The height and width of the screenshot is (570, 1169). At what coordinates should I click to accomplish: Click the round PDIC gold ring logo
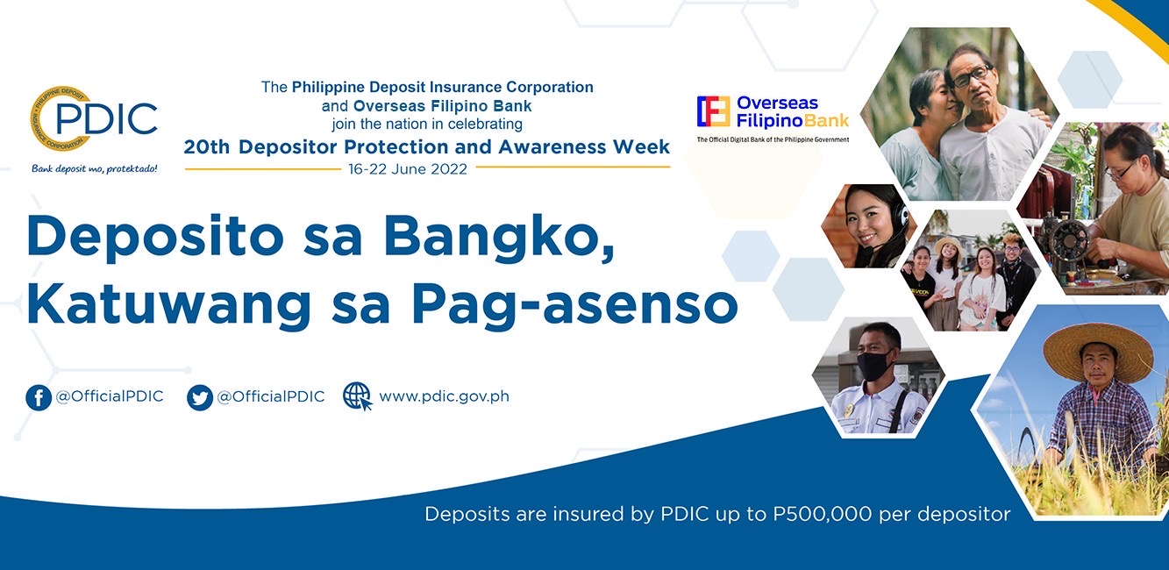[x=61, y=119]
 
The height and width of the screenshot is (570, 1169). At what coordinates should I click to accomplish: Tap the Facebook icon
[x=39, y=397]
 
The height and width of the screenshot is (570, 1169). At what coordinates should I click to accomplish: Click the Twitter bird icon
[x=200, y=397]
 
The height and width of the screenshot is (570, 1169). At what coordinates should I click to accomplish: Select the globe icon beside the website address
[x=357, y=396]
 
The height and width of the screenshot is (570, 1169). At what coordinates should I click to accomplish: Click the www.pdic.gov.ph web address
[x=444, y=396]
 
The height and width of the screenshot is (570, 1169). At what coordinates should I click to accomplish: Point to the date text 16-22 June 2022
[x=408, y=169]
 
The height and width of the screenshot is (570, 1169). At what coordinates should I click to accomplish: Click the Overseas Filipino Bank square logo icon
[x=714, y=112]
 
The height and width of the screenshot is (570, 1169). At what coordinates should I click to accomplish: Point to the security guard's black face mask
[x=874, y=365]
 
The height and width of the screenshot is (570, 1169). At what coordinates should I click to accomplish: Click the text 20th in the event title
[x=208, y=147]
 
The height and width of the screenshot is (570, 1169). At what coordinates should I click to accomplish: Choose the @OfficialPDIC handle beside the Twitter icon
[x=271, y=396]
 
